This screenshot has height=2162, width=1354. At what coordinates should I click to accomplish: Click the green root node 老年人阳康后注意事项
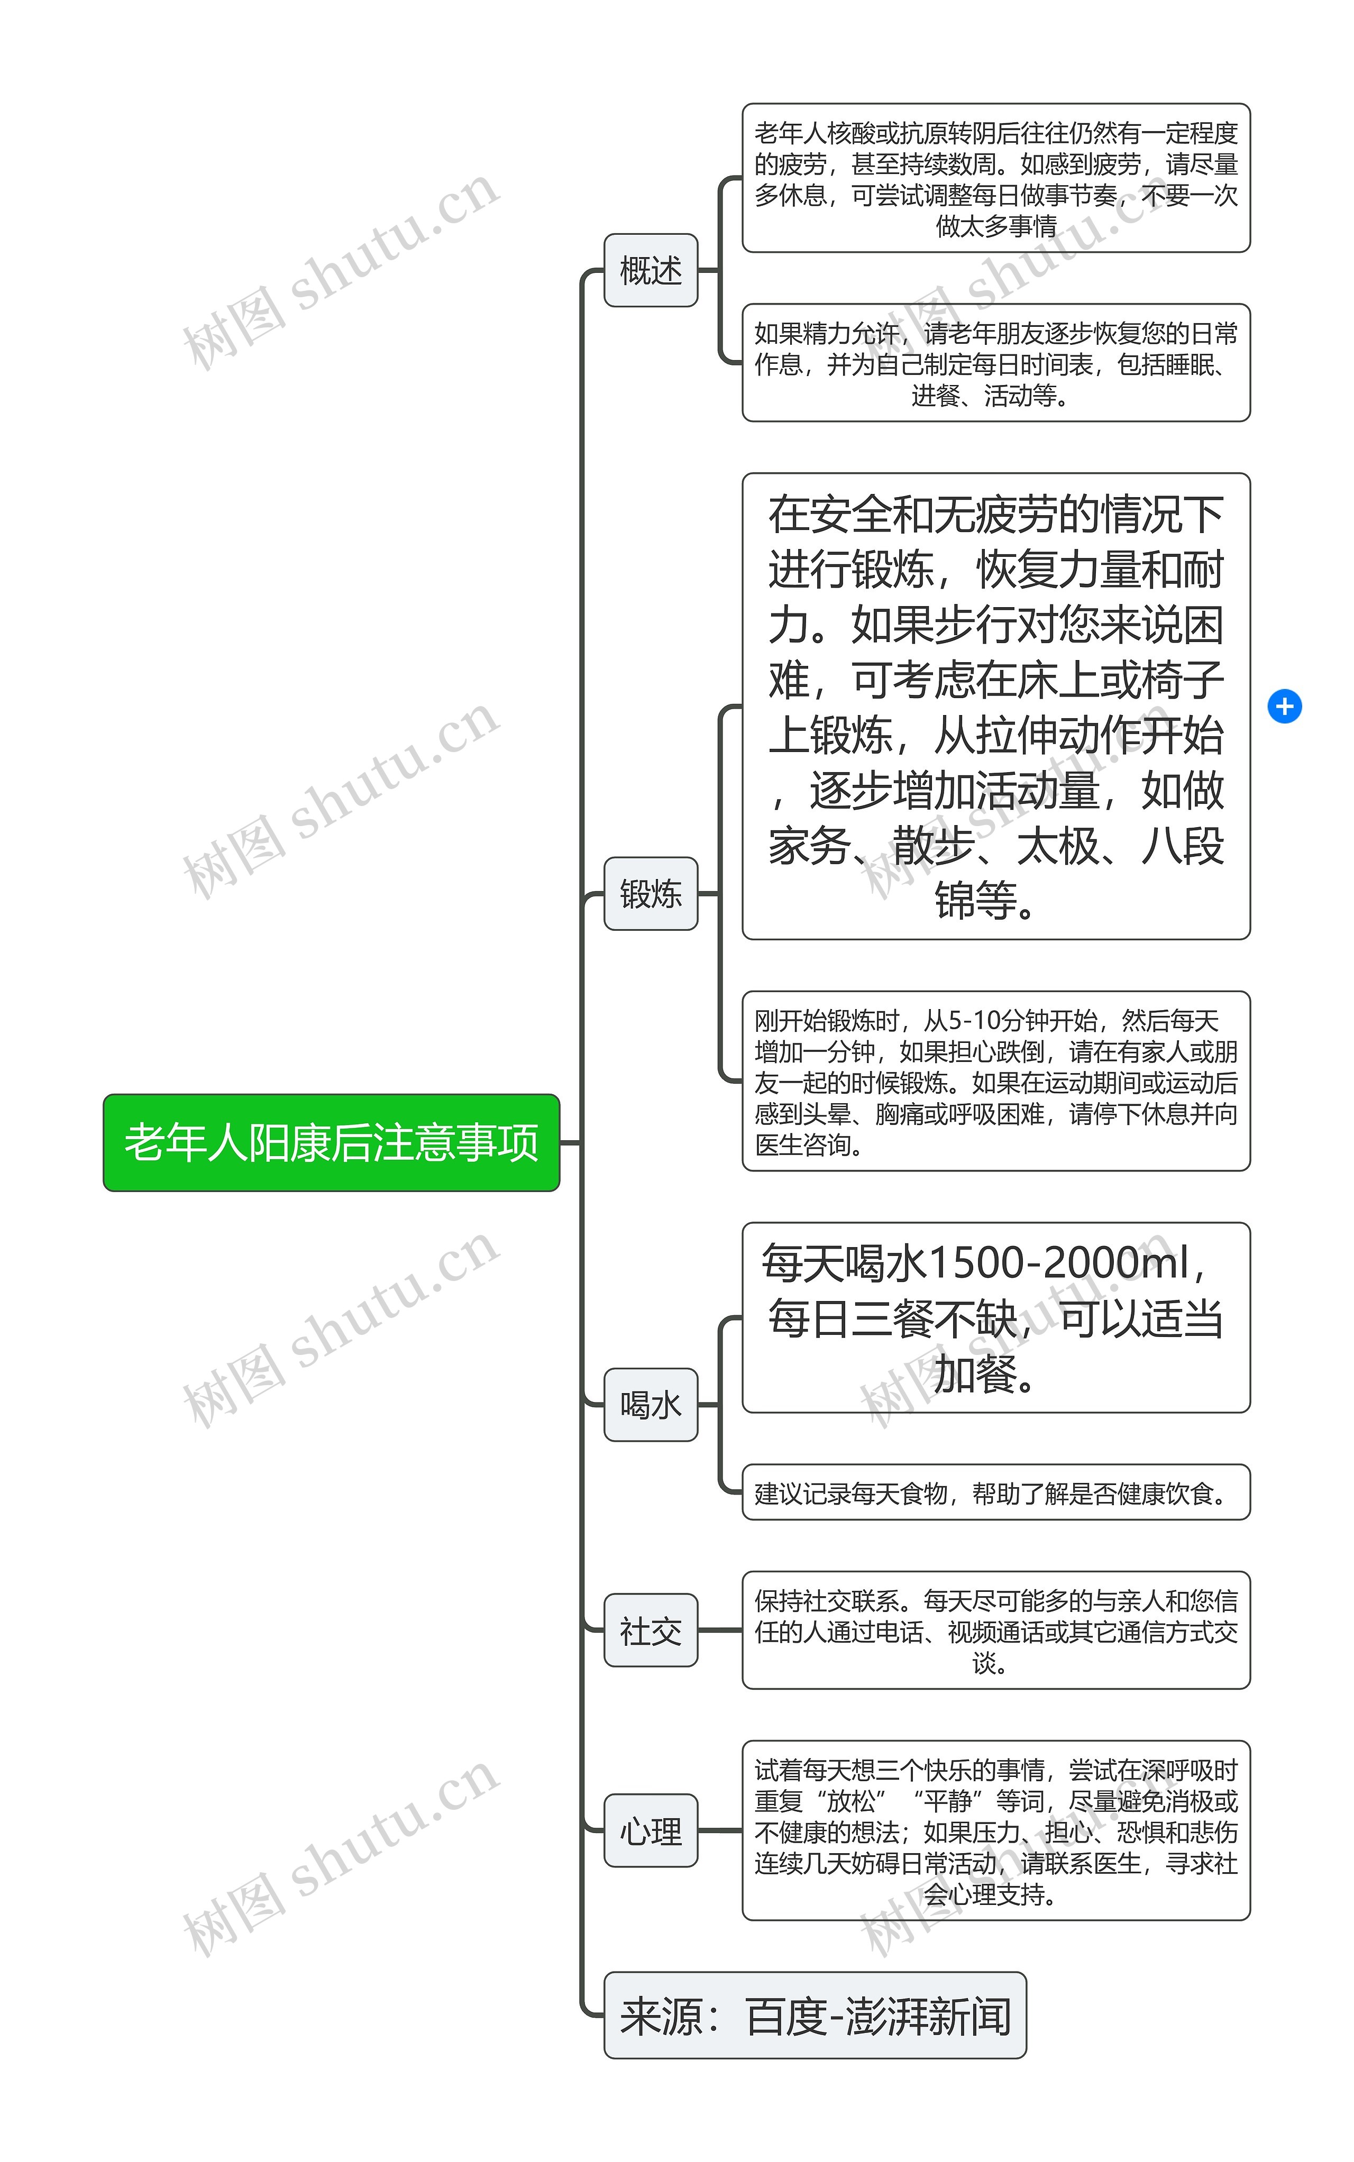[x=331, y=1142]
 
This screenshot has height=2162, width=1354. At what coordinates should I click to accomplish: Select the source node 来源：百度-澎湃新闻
[x=815, y=2015]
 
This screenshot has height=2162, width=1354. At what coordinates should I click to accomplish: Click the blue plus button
[x=1284, y=707]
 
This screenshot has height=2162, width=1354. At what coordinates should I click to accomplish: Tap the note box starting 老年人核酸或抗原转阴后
[x=996, y=178]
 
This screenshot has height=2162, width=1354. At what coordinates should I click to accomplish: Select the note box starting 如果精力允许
[x=996, y=363]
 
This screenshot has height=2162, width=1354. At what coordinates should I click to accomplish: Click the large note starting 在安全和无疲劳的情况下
[x=996, y=707]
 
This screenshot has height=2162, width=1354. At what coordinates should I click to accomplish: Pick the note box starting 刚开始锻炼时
[x=996, y=1082]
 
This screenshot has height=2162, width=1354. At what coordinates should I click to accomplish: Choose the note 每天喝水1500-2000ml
[x=996, y=1318]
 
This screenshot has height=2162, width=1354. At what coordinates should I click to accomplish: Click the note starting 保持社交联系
[x=996, y=1630]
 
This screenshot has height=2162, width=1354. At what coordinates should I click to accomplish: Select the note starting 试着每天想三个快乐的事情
[x=996, y=1831]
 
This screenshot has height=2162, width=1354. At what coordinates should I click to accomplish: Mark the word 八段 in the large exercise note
[x=1182, y=846]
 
